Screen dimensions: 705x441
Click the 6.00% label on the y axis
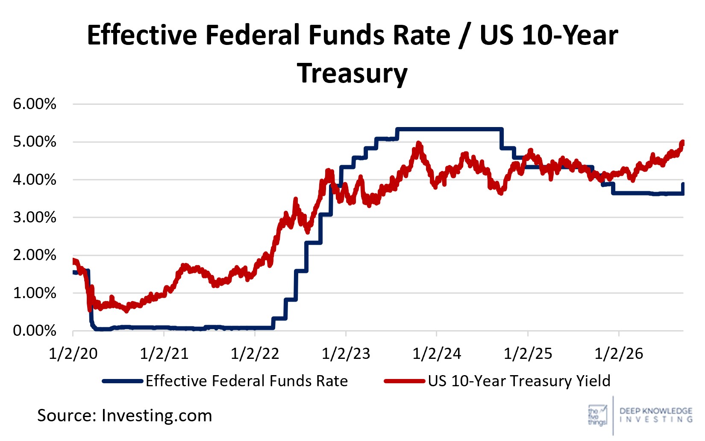pos(35,104)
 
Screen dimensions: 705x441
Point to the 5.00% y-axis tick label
pos(35,142)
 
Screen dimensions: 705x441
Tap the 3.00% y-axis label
pos(35,217)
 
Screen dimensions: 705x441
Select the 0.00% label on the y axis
pos(35,331)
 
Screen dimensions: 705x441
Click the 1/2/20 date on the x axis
pos(73,354)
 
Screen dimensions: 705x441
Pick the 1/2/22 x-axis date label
pos(255,354)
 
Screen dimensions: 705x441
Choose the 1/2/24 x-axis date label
pos(437,354)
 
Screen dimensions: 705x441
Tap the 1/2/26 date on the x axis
pos(619,354)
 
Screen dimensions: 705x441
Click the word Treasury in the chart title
pos(352,74)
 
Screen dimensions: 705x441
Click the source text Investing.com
pos(157,416)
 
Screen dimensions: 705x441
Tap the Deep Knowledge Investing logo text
pos(656,415)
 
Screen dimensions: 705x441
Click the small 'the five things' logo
pos(597,415)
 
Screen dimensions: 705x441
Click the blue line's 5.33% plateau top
pos(449,129)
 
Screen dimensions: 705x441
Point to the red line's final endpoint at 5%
pos(682,142)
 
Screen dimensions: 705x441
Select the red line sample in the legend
pos(405,381)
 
